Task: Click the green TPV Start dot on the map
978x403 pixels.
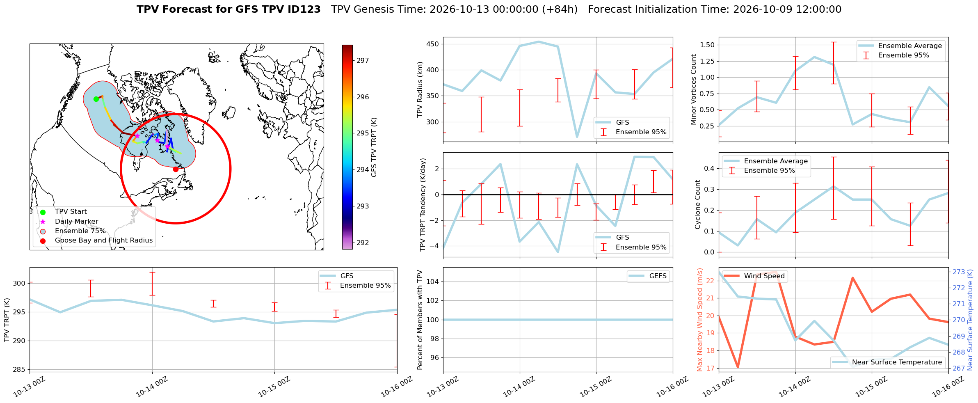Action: coord(96,99)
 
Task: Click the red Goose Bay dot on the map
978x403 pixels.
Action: coord(176,169)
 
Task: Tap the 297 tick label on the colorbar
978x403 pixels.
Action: coord(363,61)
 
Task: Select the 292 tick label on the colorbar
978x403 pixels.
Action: coord(363,243)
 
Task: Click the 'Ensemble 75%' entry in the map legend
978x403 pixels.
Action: coord(80,231)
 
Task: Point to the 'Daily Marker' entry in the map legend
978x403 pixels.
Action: coord(76,222)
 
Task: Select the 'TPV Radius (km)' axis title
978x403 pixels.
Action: coord(420,89)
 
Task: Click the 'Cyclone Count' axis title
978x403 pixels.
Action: coord(698,204)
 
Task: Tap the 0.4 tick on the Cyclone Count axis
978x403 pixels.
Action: coord(710,168)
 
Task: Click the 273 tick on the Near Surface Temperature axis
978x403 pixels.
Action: coord(959,272)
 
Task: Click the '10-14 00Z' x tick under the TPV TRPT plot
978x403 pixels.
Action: coord(151,387)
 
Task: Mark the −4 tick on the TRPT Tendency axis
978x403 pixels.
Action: coord(434,246)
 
